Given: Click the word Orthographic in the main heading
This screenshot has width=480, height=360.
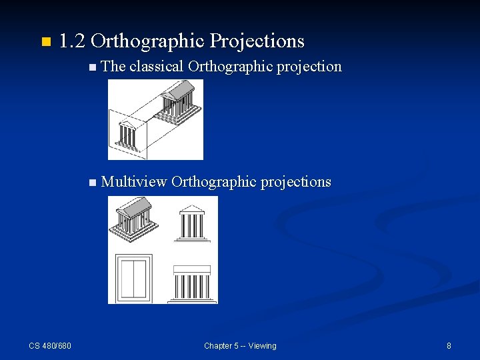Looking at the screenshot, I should [x=147, y=41].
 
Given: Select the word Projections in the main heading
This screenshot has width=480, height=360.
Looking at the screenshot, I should [x=257, y=41].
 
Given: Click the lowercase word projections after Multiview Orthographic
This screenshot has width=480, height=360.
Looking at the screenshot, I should [x=295, y=182].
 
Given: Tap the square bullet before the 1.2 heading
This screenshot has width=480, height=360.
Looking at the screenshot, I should [x=45, y=43].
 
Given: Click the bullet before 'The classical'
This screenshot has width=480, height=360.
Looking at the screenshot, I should [x=92, y=67].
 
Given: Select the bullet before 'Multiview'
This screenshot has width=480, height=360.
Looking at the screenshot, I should [x=92, y=183].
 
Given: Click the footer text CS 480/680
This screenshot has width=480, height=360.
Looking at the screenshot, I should [x=50, y=345].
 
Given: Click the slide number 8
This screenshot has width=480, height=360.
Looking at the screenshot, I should [x=449, y=345].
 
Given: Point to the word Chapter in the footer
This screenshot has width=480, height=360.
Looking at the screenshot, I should [x=219, y=345].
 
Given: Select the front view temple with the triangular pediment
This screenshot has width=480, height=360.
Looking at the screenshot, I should [x=192, y=223].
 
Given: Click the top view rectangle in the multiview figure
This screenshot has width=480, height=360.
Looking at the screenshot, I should [x=133, y=277].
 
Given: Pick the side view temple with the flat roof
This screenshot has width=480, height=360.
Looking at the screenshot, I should [x=192, y=283].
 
